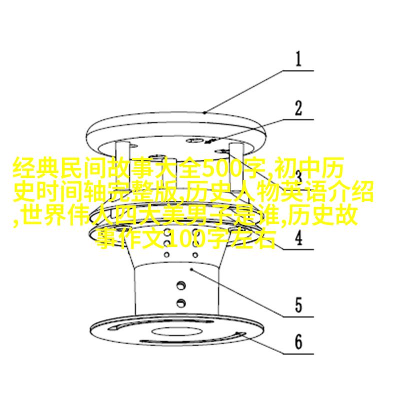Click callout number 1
pos(298,59)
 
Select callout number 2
pos(298,108)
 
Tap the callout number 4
pos(298,237)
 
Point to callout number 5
pos(298,305)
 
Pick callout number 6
pos(298,342)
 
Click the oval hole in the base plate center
pos(177,331)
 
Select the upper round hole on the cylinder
pos(181,285)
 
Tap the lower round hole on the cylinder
pos(181,303)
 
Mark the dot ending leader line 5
pos(191,269)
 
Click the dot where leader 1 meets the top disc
pos(204,112)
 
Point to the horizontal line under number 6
pos(298,354)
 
